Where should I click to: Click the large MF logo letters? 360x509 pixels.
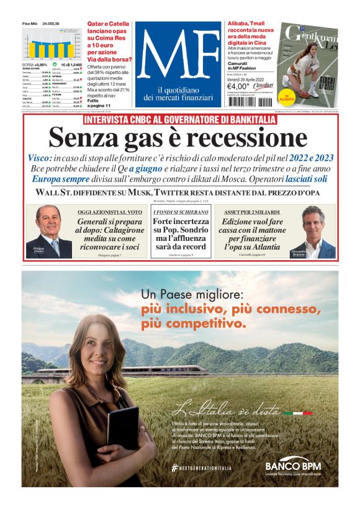178,56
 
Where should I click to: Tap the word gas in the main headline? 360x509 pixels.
146,138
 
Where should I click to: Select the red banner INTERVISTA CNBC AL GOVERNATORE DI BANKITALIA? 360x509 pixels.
179,119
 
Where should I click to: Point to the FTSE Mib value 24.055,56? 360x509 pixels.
51,24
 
